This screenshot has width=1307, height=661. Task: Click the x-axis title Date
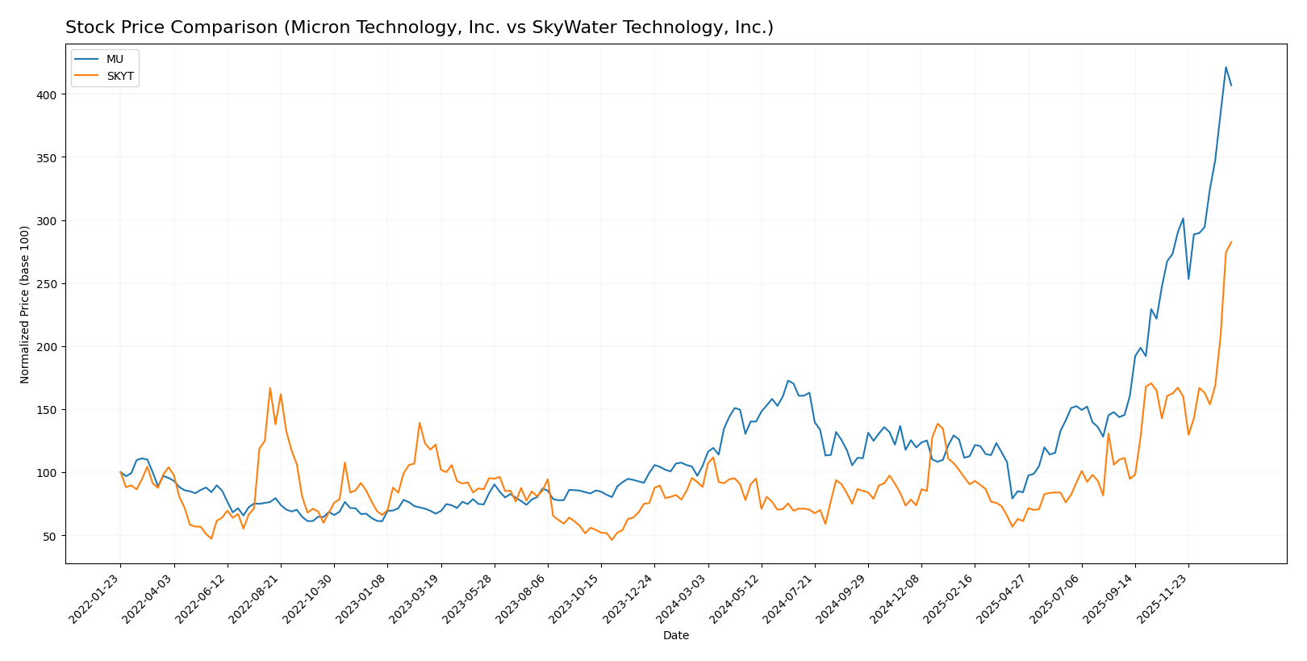pos(675,636)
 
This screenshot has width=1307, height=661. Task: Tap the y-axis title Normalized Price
pos(25,304)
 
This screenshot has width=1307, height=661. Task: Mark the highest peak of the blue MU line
pos(1226,67)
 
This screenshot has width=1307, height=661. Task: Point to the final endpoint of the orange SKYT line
pos(1231,242)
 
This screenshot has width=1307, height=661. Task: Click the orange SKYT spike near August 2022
pos(270,388)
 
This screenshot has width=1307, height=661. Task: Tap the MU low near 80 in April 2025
pos(1013,498)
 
